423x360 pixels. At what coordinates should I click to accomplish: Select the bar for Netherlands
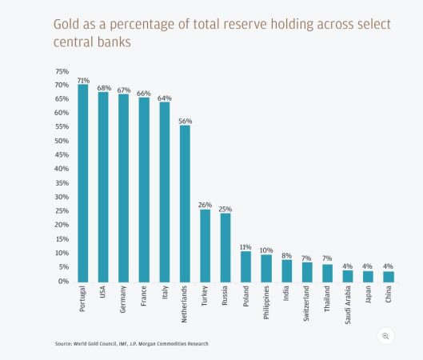pyautogui.click(x=185, y=203)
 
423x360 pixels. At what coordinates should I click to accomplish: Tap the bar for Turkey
pyautogui.click(x=206, y=245)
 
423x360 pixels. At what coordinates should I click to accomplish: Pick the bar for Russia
pyautogui.click(x=225, y=246)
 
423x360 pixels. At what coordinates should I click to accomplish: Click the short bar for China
pyautogui.click(x=388, y=276)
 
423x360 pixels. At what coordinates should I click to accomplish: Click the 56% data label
pyautogui.click(x=185, y=120)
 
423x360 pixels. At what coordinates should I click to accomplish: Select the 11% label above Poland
pyautogui.click(x=246, y=246)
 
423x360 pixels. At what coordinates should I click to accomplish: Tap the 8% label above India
pyautogui.click(x=287, y=254)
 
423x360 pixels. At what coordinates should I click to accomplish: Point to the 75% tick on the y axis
pyautogui.click(x=62, y=70)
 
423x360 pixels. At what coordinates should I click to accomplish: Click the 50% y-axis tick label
pyautogui.click(x=62, y=141)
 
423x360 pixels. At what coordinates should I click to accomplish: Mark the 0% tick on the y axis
pyautogui.click(x=63, y=282)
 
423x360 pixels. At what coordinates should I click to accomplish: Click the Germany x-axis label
pyautogui.click(x=124, y=301)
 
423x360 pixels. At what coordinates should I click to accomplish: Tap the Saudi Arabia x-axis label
pyautogui.click(x=348, y=306)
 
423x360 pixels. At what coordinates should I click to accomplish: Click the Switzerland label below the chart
pyautogui.click(x=307, y=304)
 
